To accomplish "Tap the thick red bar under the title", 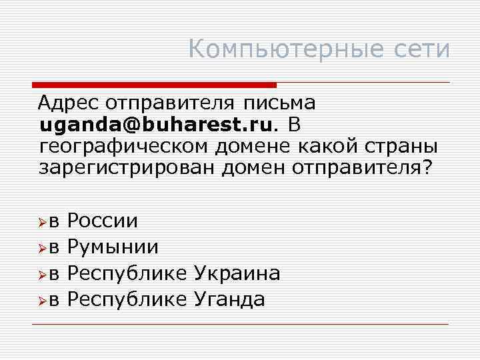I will point(154,85).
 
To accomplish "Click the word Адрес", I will point(69,103).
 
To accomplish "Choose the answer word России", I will point(103,221).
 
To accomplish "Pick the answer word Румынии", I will point(113,247).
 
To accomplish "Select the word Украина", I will point(237,273).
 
